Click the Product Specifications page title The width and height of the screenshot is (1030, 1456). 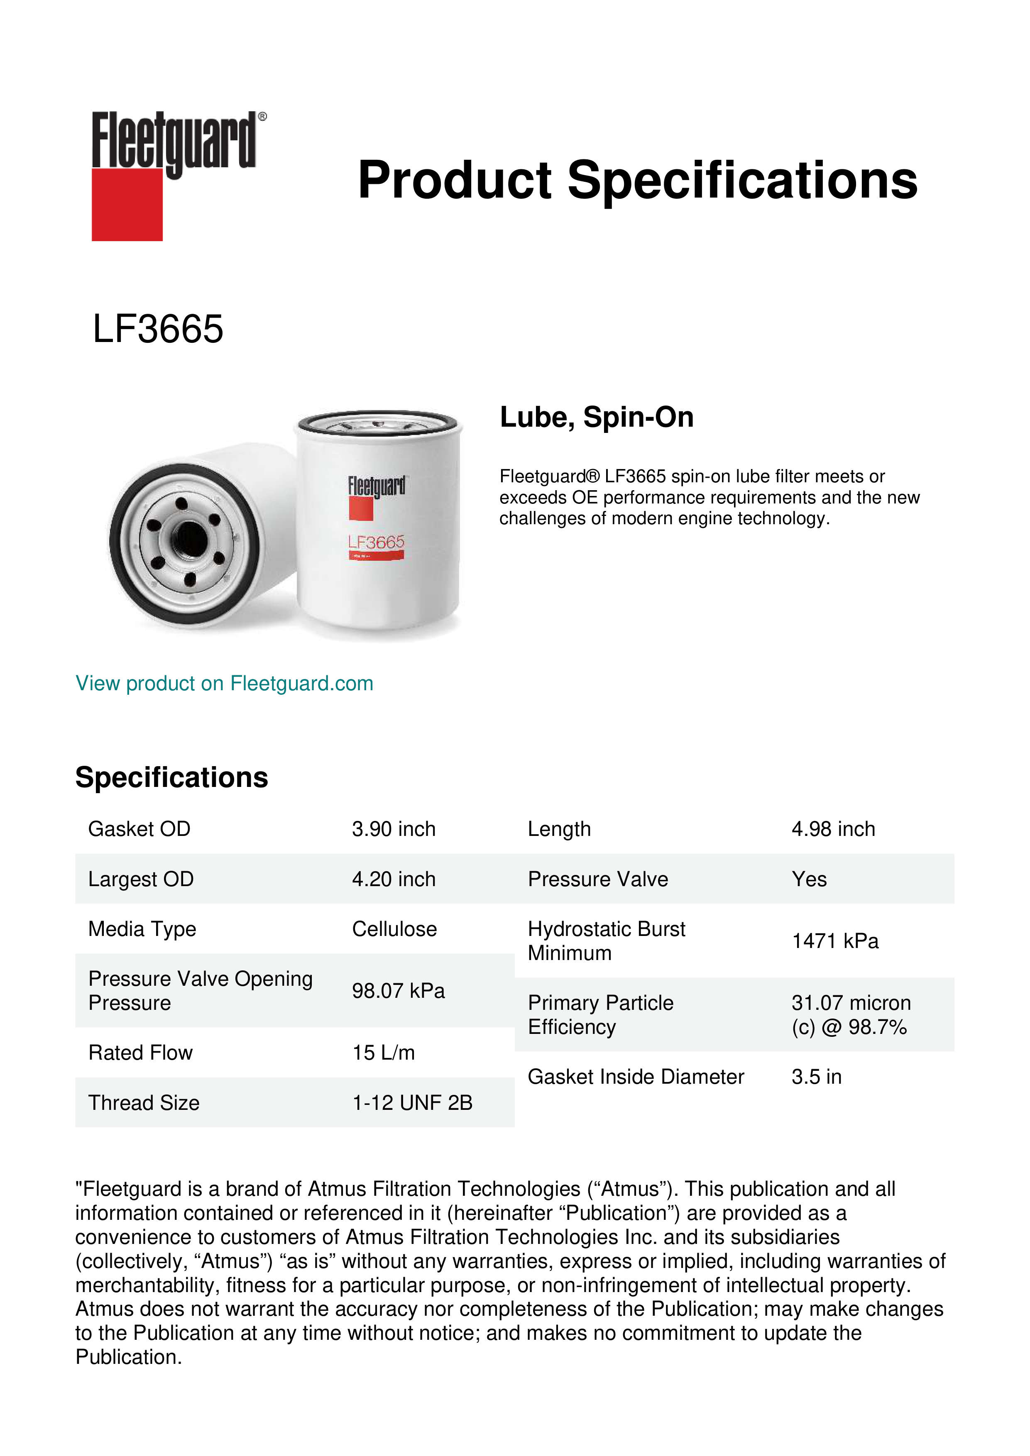637,180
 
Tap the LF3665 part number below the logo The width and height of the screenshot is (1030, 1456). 158,329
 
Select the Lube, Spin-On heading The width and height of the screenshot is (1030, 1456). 596,417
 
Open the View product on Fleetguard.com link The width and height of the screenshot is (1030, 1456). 224,684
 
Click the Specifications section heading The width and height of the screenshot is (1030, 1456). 171,777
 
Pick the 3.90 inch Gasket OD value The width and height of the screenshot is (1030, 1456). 393,829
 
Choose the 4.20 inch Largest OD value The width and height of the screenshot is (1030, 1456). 393,879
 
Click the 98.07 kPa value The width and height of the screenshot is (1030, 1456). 398,991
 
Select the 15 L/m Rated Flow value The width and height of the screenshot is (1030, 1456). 383,1053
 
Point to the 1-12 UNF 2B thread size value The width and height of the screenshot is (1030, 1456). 412,1103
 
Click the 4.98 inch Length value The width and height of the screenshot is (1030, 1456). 833,829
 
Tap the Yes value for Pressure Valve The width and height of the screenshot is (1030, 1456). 809,879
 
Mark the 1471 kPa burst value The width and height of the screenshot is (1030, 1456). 834,941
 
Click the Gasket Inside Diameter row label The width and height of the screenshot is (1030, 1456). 636,1077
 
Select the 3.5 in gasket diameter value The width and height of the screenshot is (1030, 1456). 816,1077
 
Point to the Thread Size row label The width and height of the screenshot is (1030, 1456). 144,1103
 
